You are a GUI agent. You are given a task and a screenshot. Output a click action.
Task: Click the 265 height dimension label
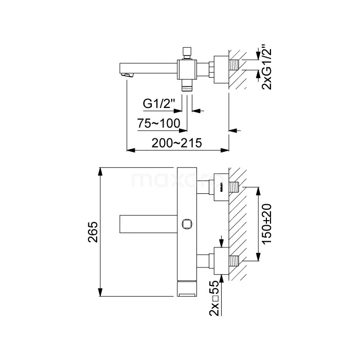(x=93, y=232)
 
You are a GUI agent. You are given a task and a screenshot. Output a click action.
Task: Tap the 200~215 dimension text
(x=176, y=143)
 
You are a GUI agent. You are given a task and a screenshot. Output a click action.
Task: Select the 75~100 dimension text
(x=158, y=123)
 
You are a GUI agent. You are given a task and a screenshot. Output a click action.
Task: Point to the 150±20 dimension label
(x=266, y=224)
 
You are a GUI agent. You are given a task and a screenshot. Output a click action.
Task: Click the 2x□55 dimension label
(x=214, y=298)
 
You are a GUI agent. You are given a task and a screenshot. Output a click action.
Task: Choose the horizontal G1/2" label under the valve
(x=159, y=104)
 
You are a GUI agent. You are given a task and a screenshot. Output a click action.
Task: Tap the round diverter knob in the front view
(x=187, y=224)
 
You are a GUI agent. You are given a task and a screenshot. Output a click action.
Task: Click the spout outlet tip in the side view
(x=127, y=75)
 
